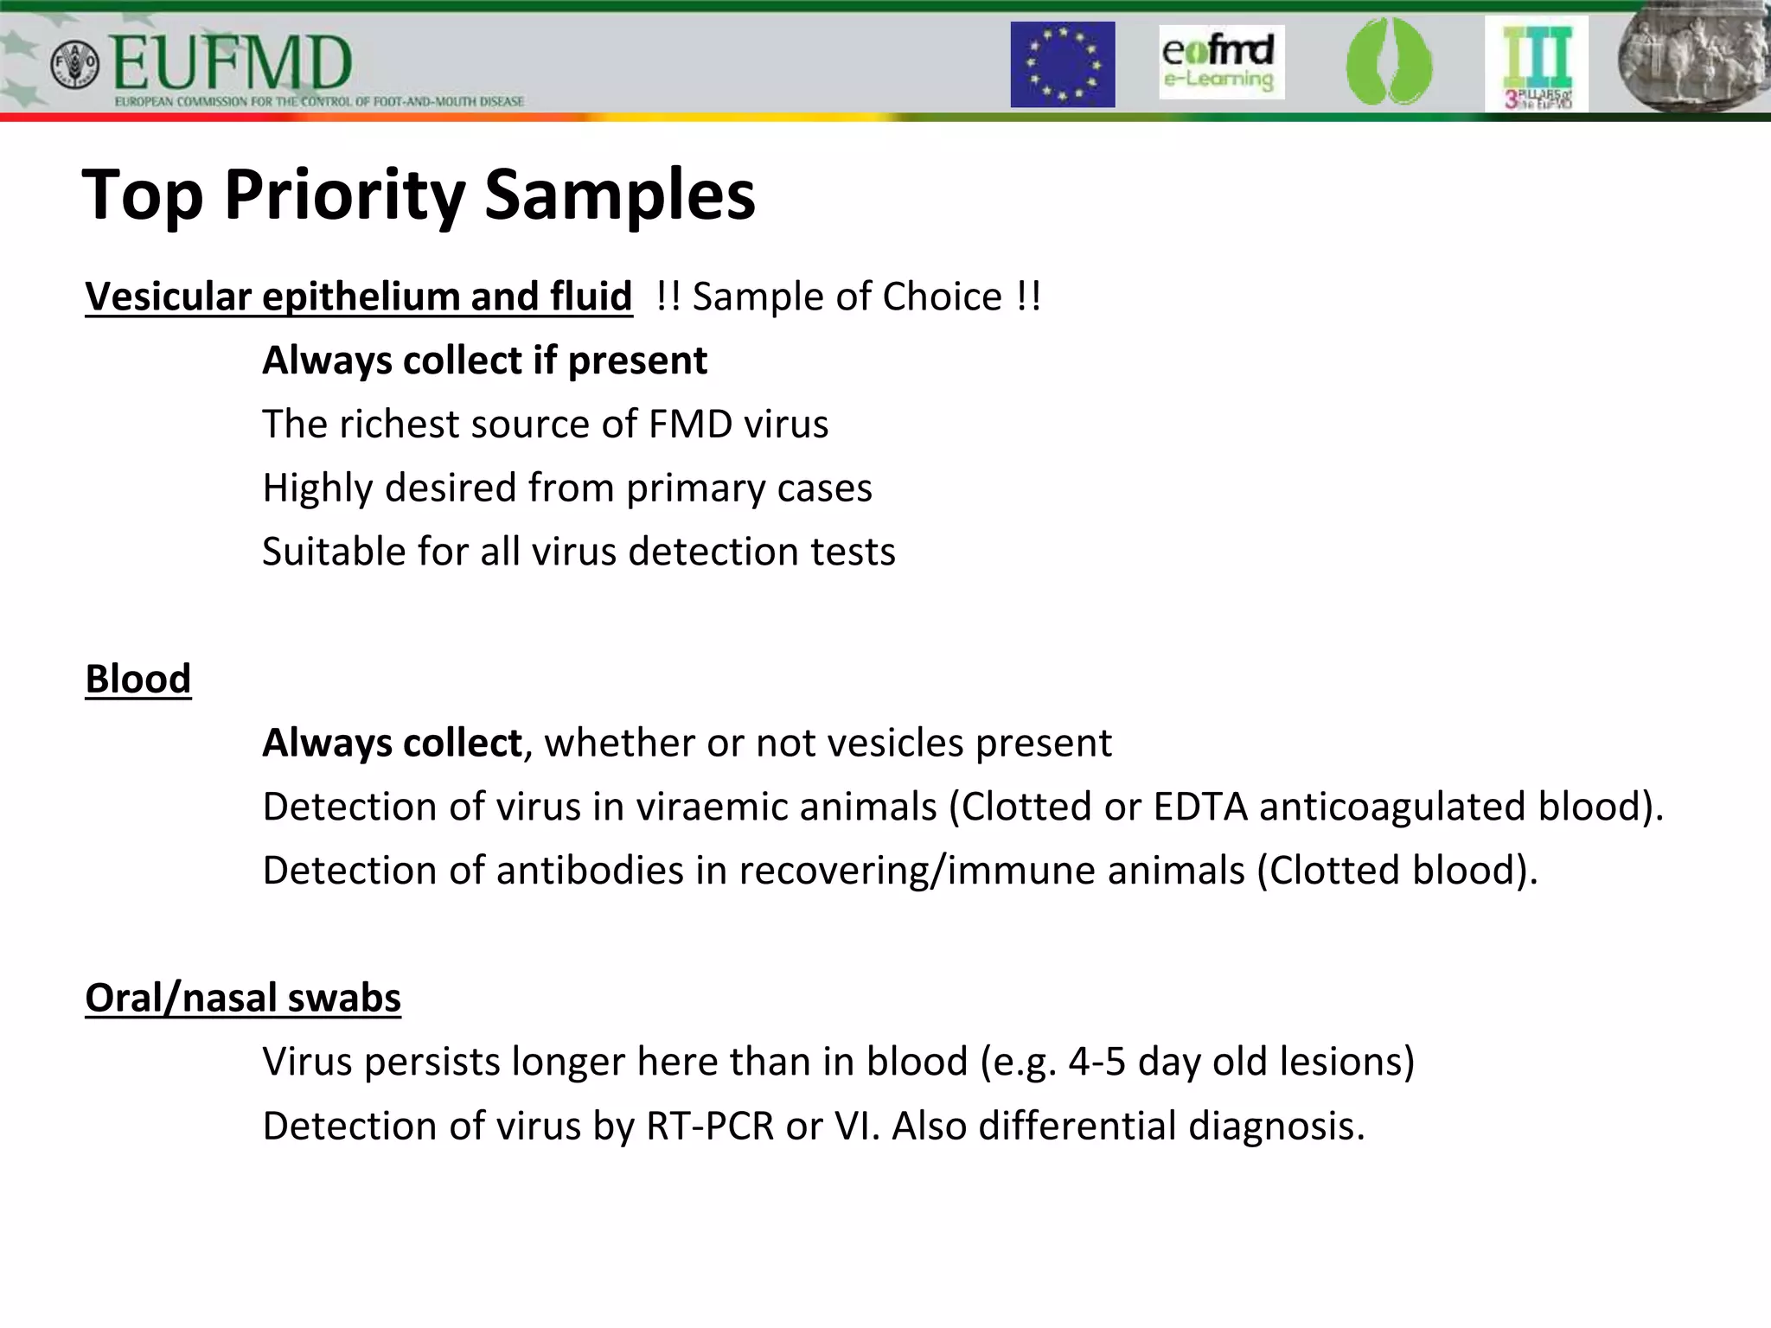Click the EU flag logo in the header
tap(1062, 65)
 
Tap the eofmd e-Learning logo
tap(1220, 62)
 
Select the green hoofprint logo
tap(1388, 62)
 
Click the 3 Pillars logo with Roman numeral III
tap(1536, 65)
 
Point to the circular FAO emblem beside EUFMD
tap(75, 64)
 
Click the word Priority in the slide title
tap(344, 195)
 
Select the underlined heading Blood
tap(138, 679)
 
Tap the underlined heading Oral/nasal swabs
tap(243, 998)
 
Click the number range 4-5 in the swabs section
tap(1096, 1062)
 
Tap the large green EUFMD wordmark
tap(232, 64)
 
